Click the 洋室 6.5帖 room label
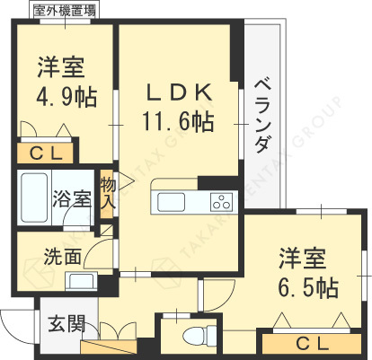[x=307, y=272]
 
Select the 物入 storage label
[x=108, y=191]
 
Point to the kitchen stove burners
[x=220, y=199]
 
